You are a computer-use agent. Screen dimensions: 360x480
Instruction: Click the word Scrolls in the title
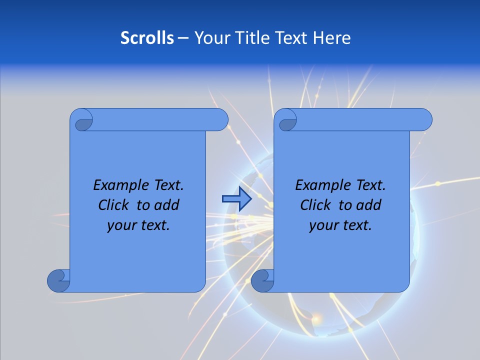147,38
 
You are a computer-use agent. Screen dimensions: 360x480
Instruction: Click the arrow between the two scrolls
236,199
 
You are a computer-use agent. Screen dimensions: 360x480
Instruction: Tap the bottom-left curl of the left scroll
58,281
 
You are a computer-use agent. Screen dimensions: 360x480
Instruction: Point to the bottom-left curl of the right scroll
262,281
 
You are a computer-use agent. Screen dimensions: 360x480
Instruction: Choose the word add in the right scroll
369,205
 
